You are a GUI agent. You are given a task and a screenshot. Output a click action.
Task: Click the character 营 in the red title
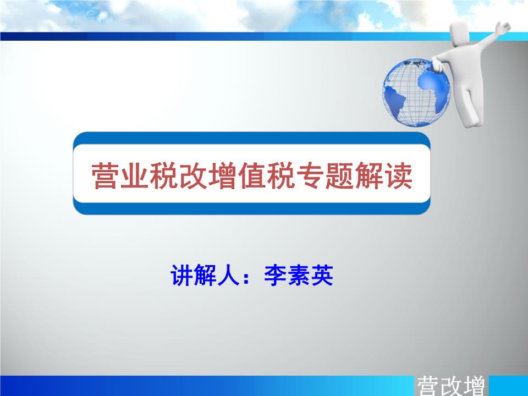106,175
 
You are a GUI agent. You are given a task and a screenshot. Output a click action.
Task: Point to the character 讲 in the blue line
182,275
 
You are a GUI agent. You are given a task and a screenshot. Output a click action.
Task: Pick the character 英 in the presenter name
322,275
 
